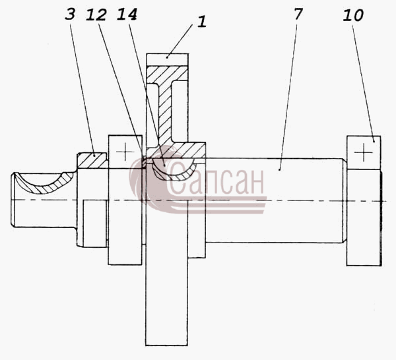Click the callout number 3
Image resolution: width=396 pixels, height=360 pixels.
70,14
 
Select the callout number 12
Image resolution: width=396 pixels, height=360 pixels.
96,15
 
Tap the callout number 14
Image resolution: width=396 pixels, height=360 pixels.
127,14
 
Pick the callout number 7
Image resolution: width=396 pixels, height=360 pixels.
298,14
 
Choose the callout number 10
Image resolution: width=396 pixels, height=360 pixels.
353,15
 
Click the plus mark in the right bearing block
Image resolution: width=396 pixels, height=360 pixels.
364,152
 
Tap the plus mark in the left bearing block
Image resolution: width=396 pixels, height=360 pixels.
125,152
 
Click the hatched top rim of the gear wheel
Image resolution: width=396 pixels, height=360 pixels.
167,74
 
